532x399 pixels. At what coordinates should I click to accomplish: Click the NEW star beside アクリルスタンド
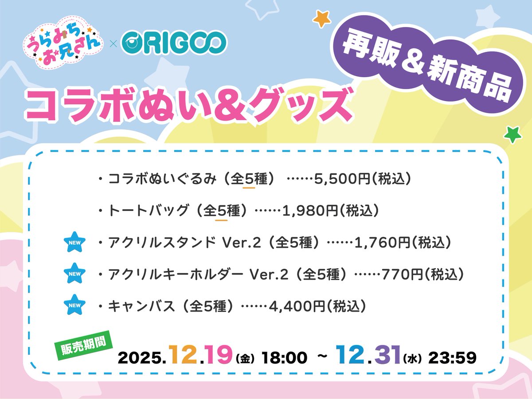point(74,242)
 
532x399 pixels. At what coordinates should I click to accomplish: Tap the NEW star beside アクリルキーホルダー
point(74,274)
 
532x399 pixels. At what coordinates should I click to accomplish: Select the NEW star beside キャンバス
point(74,305)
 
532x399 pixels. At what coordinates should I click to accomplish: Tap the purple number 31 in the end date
point(384,355)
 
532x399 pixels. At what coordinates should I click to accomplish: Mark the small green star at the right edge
point(513,133)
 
